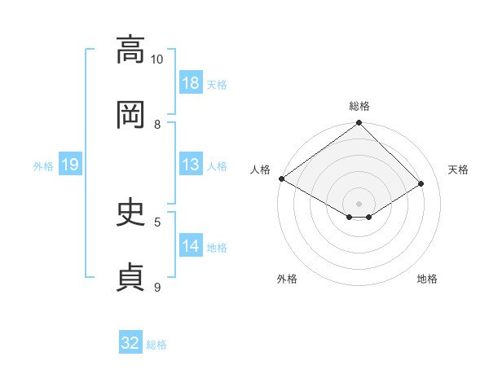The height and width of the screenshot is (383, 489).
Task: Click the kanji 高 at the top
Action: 130,49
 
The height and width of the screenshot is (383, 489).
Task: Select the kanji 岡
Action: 130,114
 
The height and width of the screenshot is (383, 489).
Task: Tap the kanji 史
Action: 130,212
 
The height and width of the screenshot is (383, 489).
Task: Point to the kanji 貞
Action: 130,277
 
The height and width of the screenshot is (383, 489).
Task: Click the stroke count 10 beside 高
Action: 156,59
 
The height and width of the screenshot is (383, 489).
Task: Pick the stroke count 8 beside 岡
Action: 157,125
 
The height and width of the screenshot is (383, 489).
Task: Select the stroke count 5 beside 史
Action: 157,222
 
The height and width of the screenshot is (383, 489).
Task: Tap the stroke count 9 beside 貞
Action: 157,287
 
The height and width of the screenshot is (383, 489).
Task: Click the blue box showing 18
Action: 191,82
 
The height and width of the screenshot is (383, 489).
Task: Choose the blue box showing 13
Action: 191,164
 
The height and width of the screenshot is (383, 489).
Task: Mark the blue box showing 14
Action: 191,244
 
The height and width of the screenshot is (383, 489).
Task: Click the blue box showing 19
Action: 70,164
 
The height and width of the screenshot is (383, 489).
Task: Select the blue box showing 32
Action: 130,341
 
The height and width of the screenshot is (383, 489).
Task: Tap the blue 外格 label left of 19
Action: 43,166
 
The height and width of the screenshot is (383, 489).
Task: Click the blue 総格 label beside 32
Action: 156,345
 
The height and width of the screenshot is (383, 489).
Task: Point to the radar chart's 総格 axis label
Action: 359,106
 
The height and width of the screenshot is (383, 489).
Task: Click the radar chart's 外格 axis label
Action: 287,279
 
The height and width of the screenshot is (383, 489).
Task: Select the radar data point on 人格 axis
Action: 282,178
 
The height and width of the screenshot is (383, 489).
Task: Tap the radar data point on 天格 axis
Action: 421,183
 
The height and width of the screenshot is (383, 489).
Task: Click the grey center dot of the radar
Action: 359,204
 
